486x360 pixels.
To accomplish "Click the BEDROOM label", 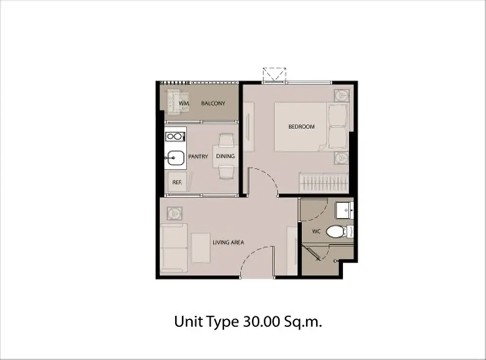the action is coord(301,127).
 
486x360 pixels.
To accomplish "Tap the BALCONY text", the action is coord(213,103).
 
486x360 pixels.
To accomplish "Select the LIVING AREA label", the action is coord(228,242).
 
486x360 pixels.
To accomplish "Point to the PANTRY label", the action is coord(198,157).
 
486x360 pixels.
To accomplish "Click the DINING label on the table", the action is coord(226,156).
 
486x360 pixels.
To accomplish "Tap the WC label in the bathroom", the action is coord(316,231).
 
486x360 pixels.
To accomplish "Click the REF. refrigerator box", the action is coord(177,182).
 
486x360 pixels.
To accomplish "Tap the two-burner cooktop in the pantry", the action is coord(175,137).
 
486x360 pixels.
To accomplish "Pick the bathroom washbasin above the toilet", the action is coord(345,211).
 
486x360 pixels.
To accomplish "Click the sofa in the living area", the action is coord(174,248).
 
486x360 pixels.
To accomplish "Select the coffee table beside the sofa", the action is coord(201,248).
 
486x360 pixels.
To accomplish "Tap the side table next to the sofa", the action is coord(174,213).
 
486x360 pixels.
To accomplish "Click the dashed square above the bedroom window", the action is coord(274,75).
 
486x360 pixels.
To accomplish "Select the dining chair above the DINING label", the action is coord(226,140).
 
